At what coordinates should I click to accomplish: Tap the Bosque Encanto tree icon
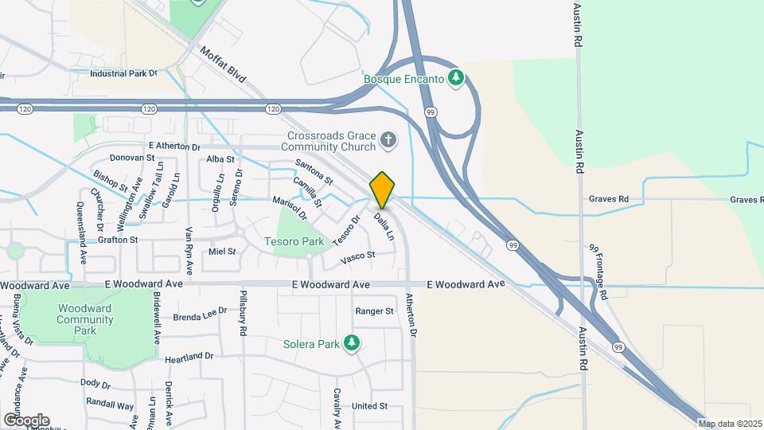point(455,78)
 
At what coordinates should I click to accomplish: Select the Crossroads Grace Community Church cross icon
point(388,141)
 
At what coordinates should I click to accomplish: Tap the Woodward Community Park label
point(84,319)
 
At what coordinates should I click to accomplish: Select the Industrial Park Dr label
point(123,73)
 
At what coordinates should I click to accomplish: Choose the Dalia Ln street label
point(384,224)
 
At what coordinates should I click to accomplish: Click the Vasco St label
point(357,256)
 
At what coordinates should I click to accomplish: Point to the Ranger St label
point(374,311)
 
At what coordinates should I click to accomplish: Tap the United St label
point(369,406)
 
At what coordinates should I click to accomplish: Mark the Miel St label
point(222,252)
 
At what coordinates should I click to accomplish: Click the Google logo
point(26,420)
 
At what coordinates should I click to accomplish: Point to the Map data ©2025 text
point(730,424)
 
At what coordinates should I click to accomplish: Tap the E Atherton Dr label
point(174,147)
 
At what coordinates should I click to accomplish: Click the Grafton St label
point(118,239)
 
